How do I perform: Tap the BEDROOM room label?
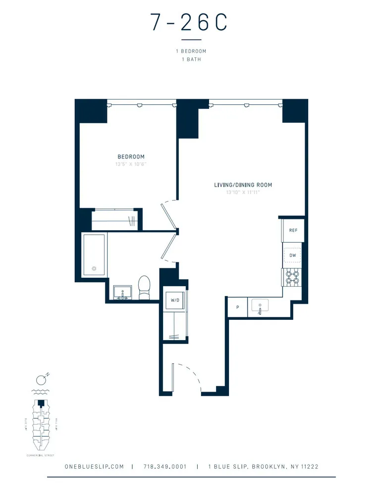131,157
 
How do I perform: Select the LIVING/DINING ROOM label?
243,185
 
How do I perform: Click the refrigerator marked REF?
293,231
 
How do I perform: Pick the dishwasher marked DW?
293,255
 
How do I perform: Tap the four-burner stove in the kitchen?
292,277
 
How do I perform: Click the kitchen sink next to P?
260,306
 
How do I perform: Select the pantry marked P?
238,307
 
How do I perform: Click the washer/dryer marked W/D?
175,300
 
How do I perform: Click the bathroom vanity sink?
122,292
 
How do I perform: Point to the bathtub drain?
94,269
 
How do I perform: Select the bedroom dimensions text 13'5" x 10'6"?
131,164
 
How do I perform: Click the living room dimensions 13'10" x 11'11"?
243,192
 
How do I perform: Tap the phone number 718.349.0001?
164,467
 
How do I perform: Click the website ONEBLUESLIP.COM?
94,467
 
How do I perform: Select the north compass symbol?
42,380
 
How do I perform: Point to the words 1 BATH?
191,59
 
